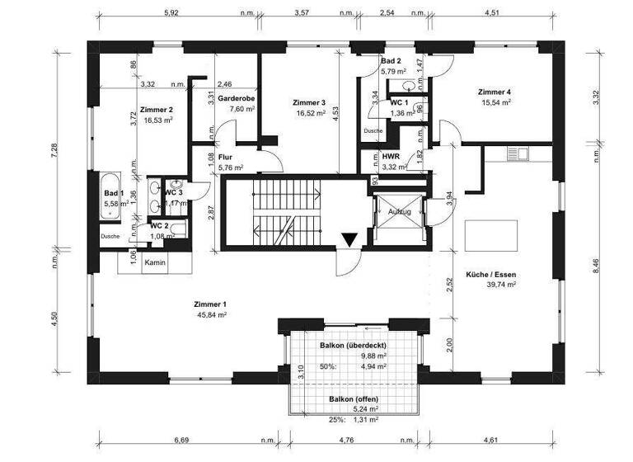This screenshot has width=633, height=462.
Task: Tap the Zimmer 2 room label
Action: (156, 110)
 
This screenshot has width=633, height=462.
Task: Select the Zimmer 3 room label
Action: (310, 102)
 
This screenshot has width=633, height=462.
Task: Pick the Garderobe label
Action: (237, 98)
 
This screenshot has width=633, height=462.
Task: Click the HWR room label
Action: (391, 156)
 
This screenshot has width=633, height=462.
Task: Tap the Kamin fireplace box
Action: (156, 262)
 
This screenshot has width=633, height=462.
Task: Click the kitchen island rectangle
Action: (492, 236)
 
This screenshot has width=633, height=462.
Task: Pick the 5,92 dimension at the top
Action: (172, 12)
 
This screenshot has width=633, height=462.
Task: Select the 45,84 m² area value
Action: (212, 314)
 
